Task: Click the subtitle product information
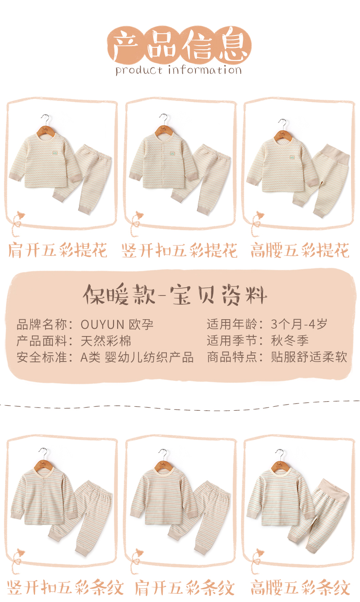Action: click(179, 70)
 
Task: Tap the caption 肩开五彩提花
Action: click(58, 250)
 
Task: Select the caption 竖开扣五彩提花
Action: click(180, 250)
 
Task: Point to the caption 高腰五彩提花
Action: click(300, 250)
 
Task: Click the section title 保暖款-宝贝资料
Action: click(175, 295)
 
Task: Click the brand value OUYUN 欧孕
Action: click(117, 324)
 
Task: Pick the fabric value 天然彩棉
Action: click(106, 341)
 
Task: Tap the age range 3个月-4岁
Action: click(299, 324)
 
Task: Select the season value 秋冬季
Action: click(289, 341)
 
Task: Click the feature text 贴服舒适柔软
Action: click(309, 357)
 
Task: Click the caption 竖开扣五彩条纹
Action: click(65, 588)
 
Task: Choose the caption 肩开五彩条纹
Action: click(185, 588)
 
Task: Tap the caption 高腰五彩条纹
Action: click(300, 588)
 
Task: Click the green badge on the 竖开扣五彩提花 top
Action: click(172, 154)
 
